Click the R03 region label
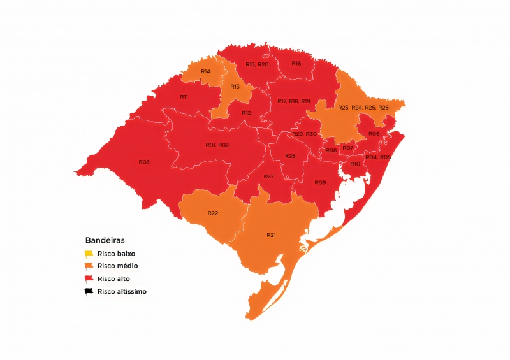144,162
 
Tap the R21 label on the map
271,235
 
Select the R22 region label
213,213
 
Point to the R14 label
205,71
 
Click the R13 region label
235,86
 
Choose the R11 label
184,96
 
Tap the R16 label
296,63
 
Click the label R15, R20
257,64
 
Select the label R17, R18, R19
294,101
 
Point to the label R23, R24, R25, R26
363,108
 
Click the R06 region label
374,133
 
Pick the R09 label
320,182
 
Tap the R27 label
268,176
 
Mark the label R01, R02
217,145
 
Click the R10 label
355,164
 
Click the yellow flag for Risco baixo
90,253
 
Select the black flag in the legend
90,291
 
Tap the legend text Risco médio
118,266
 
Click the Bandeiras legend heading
105,240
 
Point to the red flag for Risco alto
90,278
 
